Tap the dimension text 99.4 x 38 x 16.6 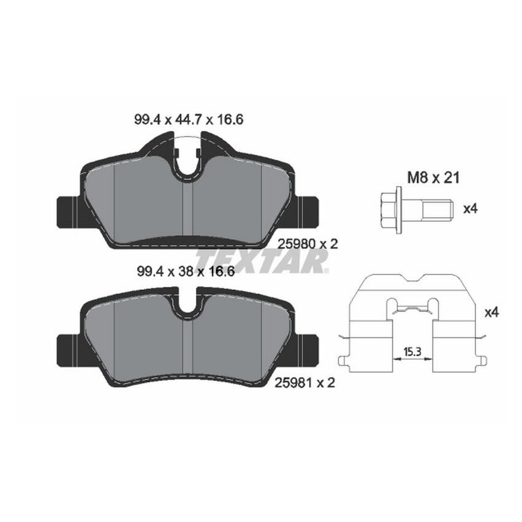click(184, 272)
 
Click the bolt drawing click(415, 208)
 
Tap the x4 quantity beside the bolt click(470, 208)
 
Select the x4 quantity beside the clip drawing click(491, 313)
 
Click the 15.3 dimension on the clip click(411, 352)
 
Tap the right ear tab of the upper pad click(308, 211)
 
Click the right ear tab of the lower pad click(308, 349)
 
